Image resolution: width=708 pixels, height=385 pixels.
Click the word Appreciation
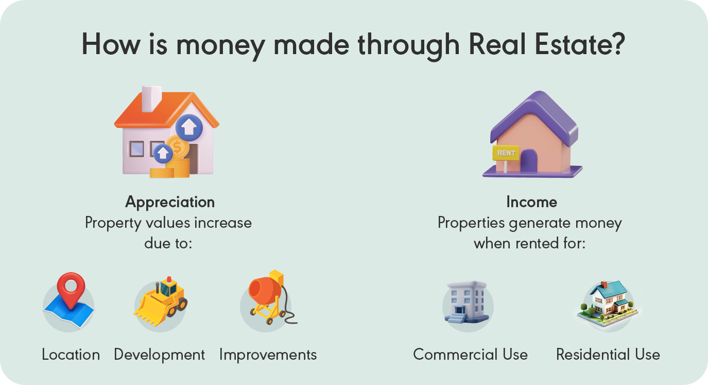170,202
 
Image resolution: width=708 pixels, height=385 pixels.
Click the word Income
531,202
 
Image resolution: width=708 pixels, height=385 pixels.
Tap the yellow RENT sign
506,153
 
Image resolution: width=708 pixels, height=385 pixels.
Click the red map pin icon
71,291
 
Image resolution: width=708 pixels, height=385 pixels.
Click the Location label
71,355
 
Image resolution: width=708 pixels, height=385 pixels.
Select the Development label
159,355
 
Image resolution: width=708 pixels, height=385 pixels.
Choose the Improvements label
268,355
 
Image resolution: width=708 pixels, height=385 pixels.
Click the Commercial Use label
470,355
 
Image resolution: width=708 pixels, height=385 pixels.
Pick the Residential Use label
608,355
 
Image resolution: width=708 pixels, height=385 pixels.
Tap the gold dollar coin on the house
178,148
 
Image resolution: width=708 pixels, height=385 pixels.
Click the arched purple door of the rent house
528,161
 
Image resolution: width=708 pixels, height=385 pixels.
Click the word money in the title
220,45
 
